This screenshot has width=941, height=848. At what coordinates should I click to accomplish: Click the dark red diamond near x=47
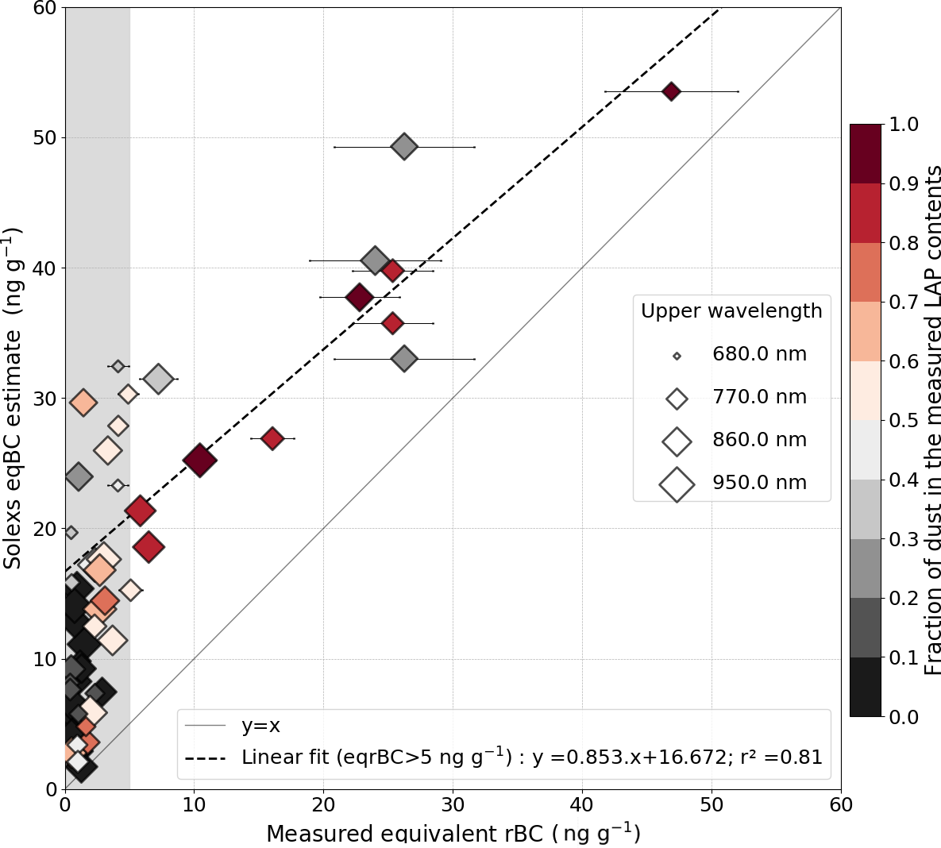(671, 91)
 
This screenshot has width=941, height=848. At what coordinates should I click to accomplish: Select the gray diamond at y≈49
(404, 146)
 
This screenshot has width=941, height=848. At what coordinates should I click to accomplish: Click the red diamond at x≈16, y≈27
(272, 438)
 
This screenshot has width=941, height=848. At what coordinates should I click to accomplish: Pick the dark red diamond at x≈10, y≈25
(199, 460)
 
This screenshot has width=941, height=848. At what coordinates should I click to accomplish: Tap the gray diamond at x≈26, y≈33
(404, 359)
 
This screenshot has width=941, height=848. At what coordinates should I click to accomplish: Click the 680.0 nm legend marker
(677, 356)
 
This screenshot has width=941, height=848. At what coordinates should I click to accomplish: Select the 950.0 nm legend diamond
(677, 484)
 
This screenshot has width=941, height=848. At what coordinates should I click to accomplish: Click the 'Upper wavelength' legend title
(731, 311)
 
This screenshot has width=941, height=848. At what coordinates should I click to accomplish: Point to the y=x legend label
(260, 726)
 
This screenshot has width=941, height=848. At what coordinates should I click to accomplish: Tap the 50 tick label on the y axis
(45, 138)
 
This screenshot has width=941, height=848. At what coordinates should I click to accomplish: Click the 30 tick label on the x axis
(453, 805)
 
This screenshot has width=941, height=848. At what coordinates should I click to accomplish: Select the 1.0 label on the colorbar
(904, 125)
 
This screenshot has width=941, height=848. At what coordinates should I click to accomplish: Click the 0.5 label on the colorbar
(904, 421)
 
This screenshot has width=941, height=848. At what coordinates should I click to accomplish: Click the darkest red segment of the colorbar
(866, 154)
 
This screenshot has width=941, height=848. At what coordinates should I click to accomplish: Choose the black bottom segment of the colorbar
(866, 687)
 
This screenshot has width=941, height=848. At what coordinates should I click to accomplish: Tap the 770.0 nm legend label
(759, 397)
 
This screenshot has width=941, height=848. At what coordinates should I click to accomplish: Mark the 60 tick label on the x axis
(841, 805)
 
